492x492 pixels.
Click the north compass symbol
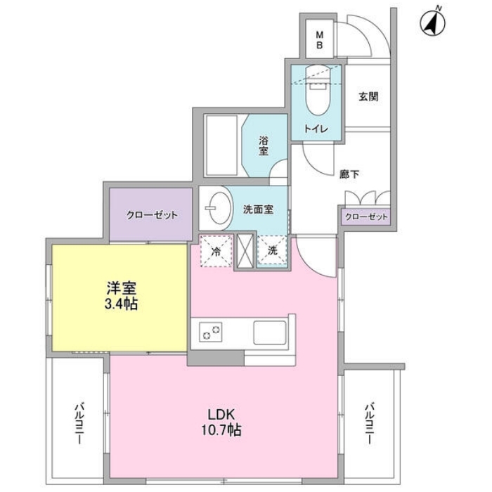point(433,22)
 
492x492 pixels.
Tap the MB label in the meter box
point(319,39)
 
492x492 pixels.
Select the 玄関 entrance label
point(368,97)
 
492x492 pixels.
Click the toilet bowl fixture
point(318,90)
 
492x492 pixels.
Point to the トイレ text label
point(316,129)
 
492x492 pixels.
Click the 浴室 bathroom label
point(264,145)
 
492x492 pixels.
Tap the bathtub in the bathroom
point(221,145)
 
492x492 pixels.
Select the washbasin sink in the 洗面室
point(217,208)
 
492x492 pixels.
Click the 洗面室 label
point(258,209)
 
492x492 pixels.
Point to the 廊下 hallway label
point(349,174)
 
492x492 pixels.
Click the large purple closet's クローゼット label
point(152,215)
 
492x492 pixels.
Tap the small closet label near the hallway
point(366,216)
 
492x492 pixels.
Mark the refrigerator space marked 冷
point(216,251)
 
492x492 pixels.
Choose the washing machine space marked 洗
point(273,250)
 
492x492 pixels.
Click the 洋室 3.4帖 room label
point(121,296)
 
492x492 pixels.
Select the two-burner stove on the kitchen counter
point(211,332)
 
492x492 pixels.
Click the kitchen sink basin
point(270,333)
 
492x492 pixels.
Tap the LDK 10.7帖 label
point(221,422)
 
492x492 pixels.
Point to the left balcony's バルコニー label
point(79,424)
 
